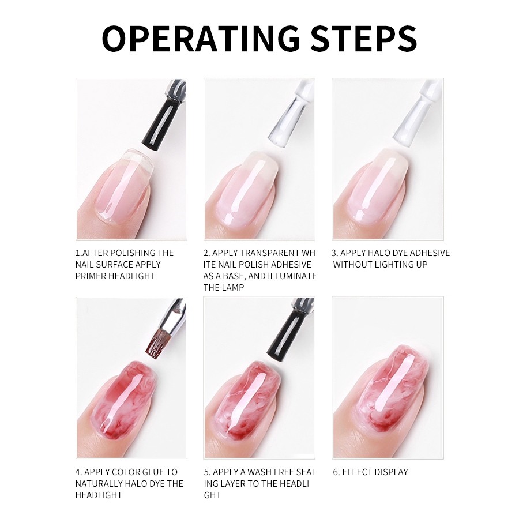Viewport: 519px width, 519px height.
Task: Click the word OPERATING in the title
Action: pyautogui.click(x=201, y=39)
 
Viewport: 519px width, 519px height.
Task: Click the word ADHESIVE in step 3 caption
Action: pyautogui.click(x=428, y=253)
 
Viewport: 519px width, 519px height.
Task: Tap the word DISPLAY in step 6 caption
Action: pyautogui.click(x=391, y=472)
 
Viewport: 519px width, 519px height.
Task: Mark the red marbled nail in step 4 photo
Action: pyautogui.click(x=125, y=401)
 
